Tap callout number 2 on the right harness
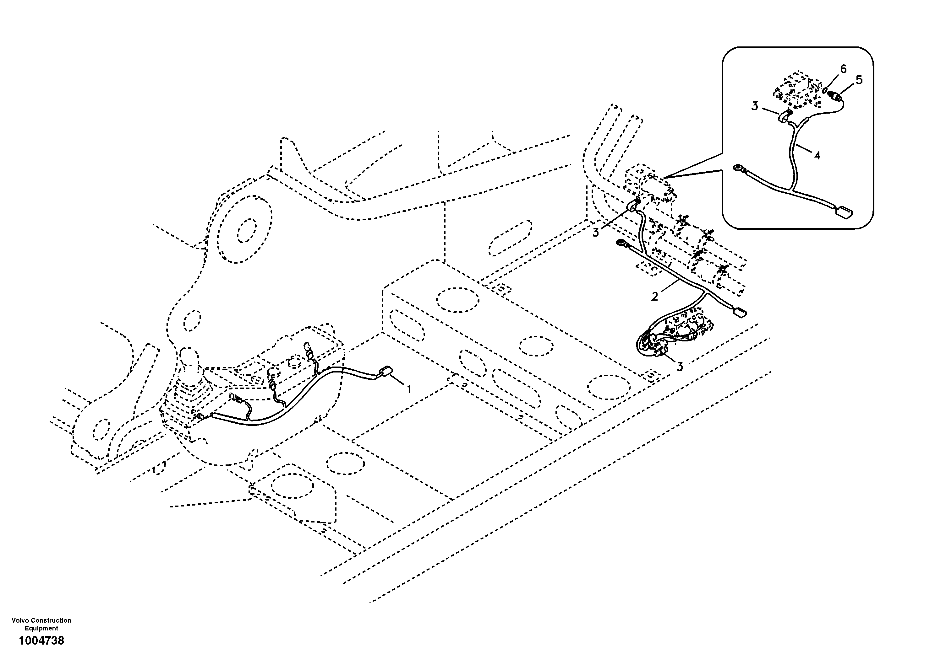(654, 297)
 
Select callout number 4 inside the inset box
(817, 155)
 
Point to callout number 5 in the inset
(859, 80)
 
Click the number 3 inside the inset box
(755, 107)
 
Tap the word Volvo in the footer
(20, 620)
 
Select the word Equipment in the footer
(41, 628)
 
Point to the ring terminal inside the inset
(737, 167)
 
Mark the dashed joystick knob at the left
(188, 357)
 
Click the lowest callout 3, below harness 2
(680, 367)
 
